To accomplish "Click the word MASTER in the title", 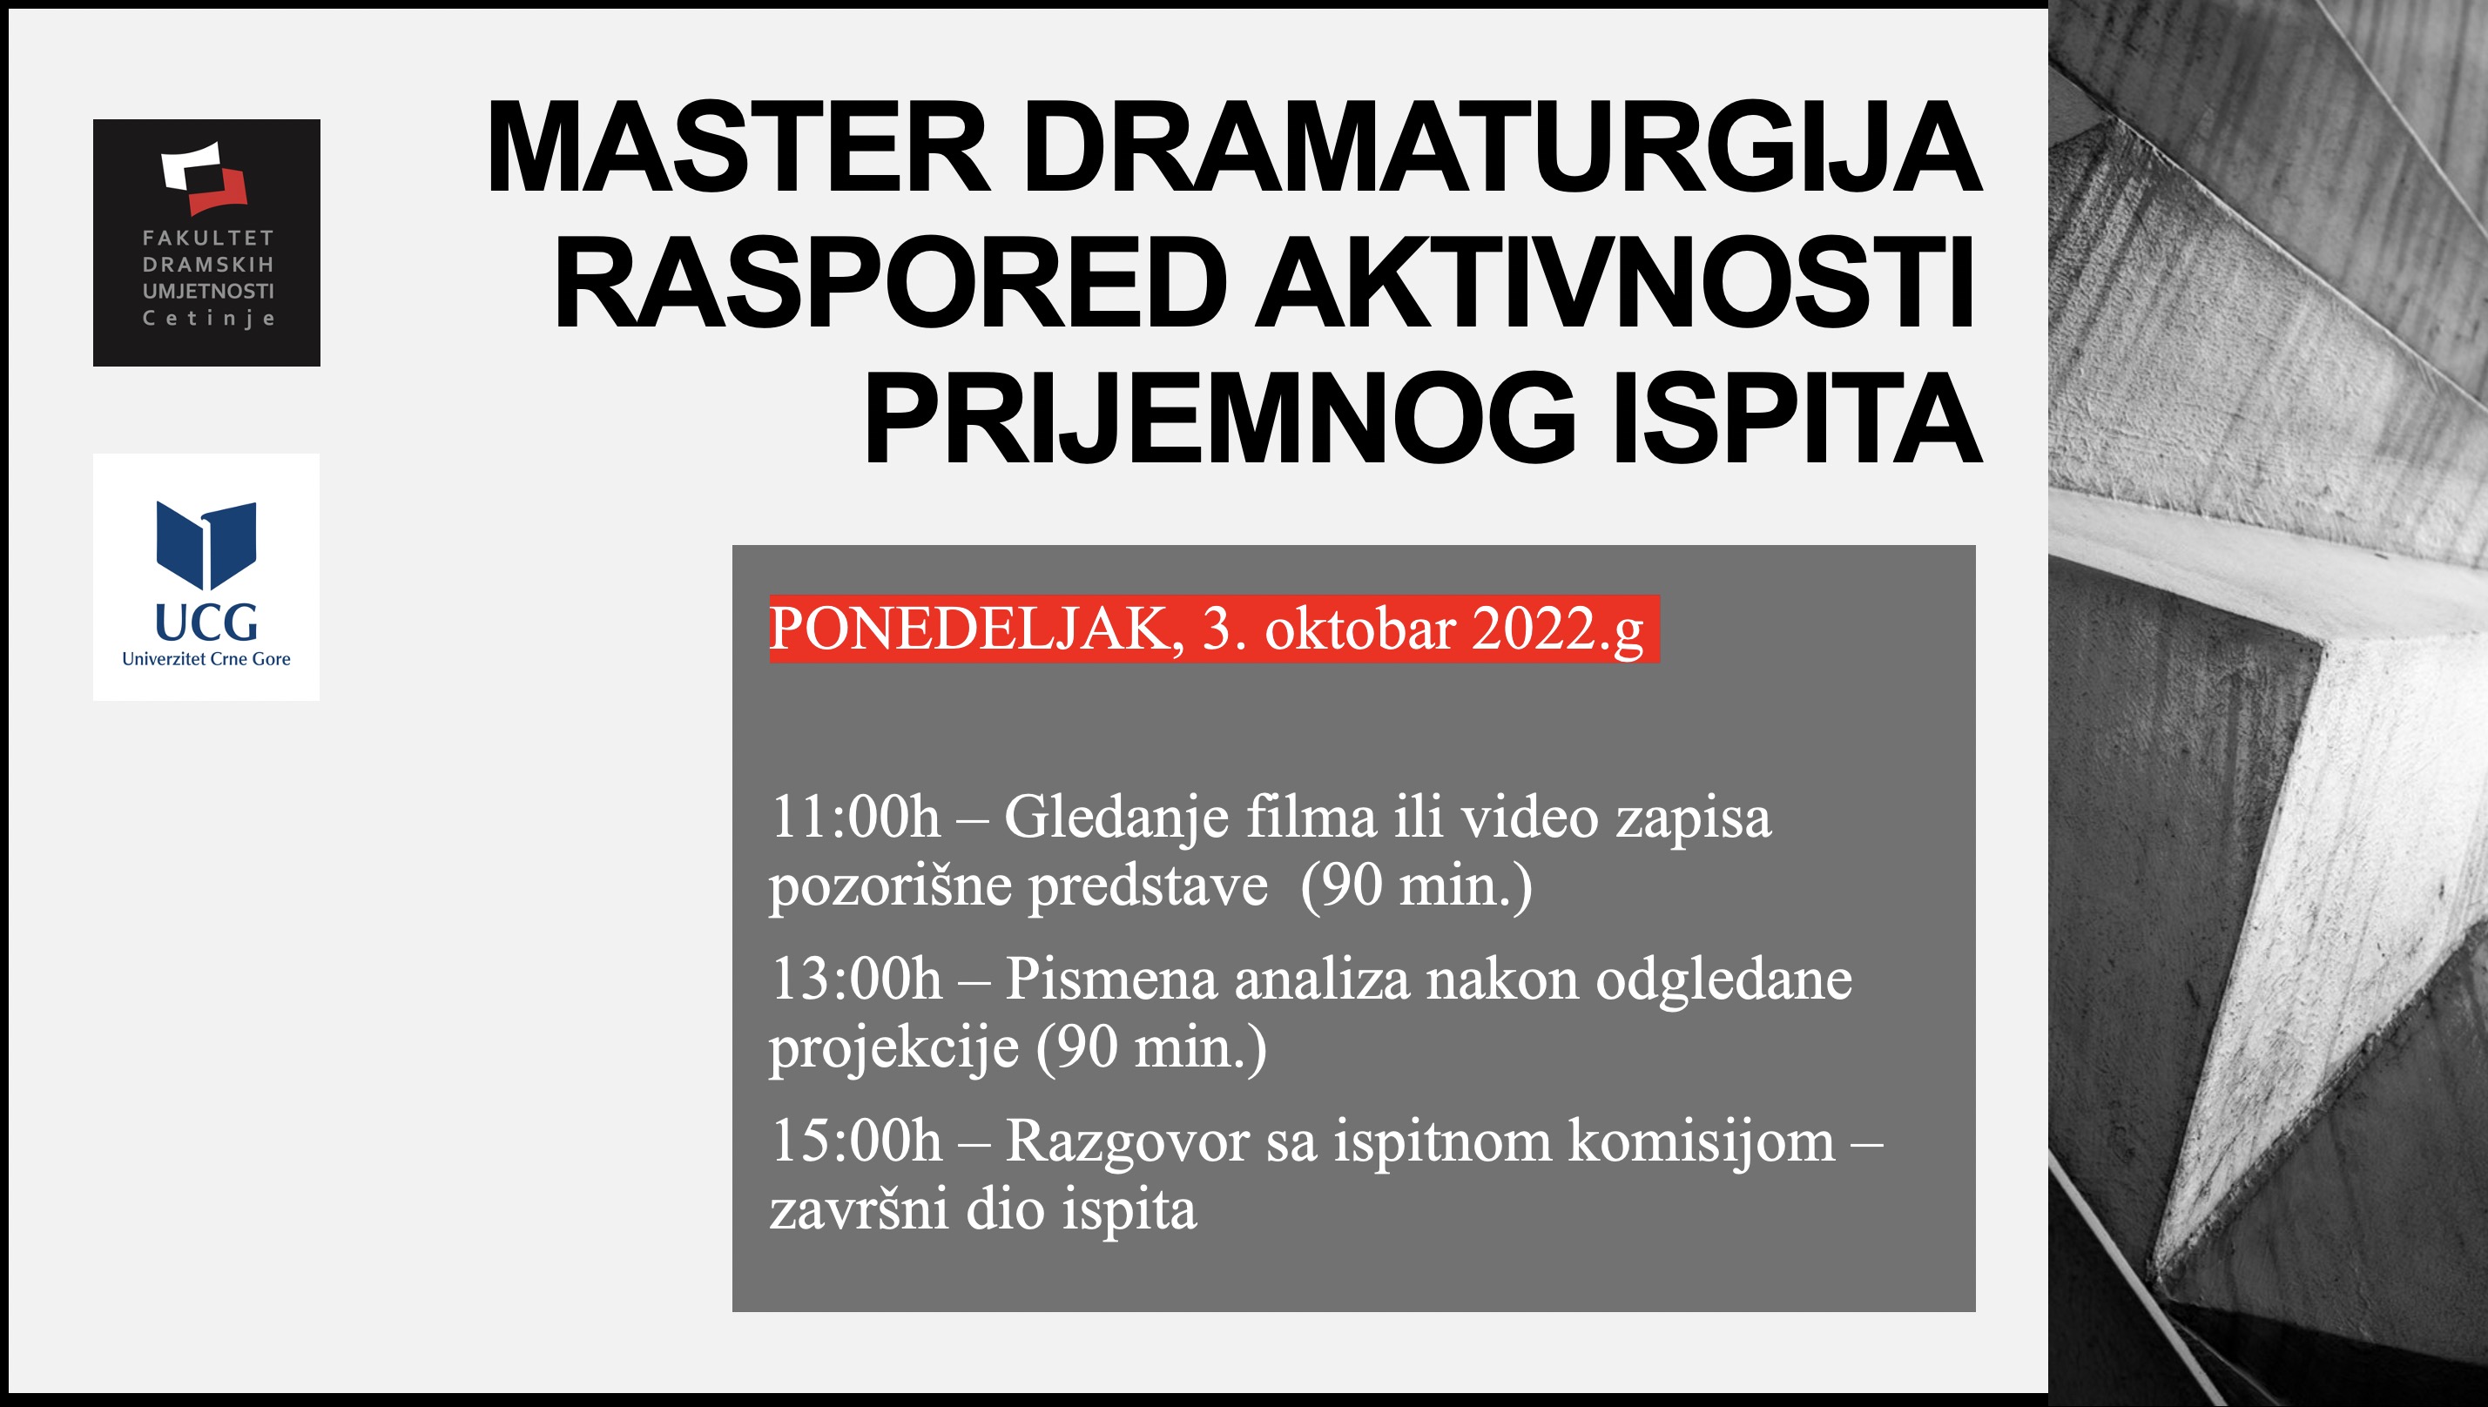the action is click(739, 148).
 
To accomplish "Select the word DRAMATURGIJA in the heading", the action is click(1502, 148).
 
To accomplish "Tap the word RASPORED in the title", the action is click(891, 285).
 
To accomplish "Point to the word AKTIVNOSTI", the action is click(1615, 285).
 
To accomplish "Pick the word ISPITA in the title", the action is click(1797, 421).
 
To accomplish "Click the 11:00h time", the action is click(855, 818).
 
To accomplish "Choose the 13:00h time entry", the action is click(856, 980).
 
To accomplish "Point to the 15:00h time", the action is click(856, 1141).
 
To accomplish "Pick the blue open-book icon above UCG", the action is click(206, 545).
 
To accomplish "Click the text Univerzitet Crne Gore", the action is click(206, 659).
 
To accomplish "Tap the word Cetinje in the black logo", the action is click(208, 318).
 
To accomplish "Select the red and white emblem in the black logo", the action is click(205, 178).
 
